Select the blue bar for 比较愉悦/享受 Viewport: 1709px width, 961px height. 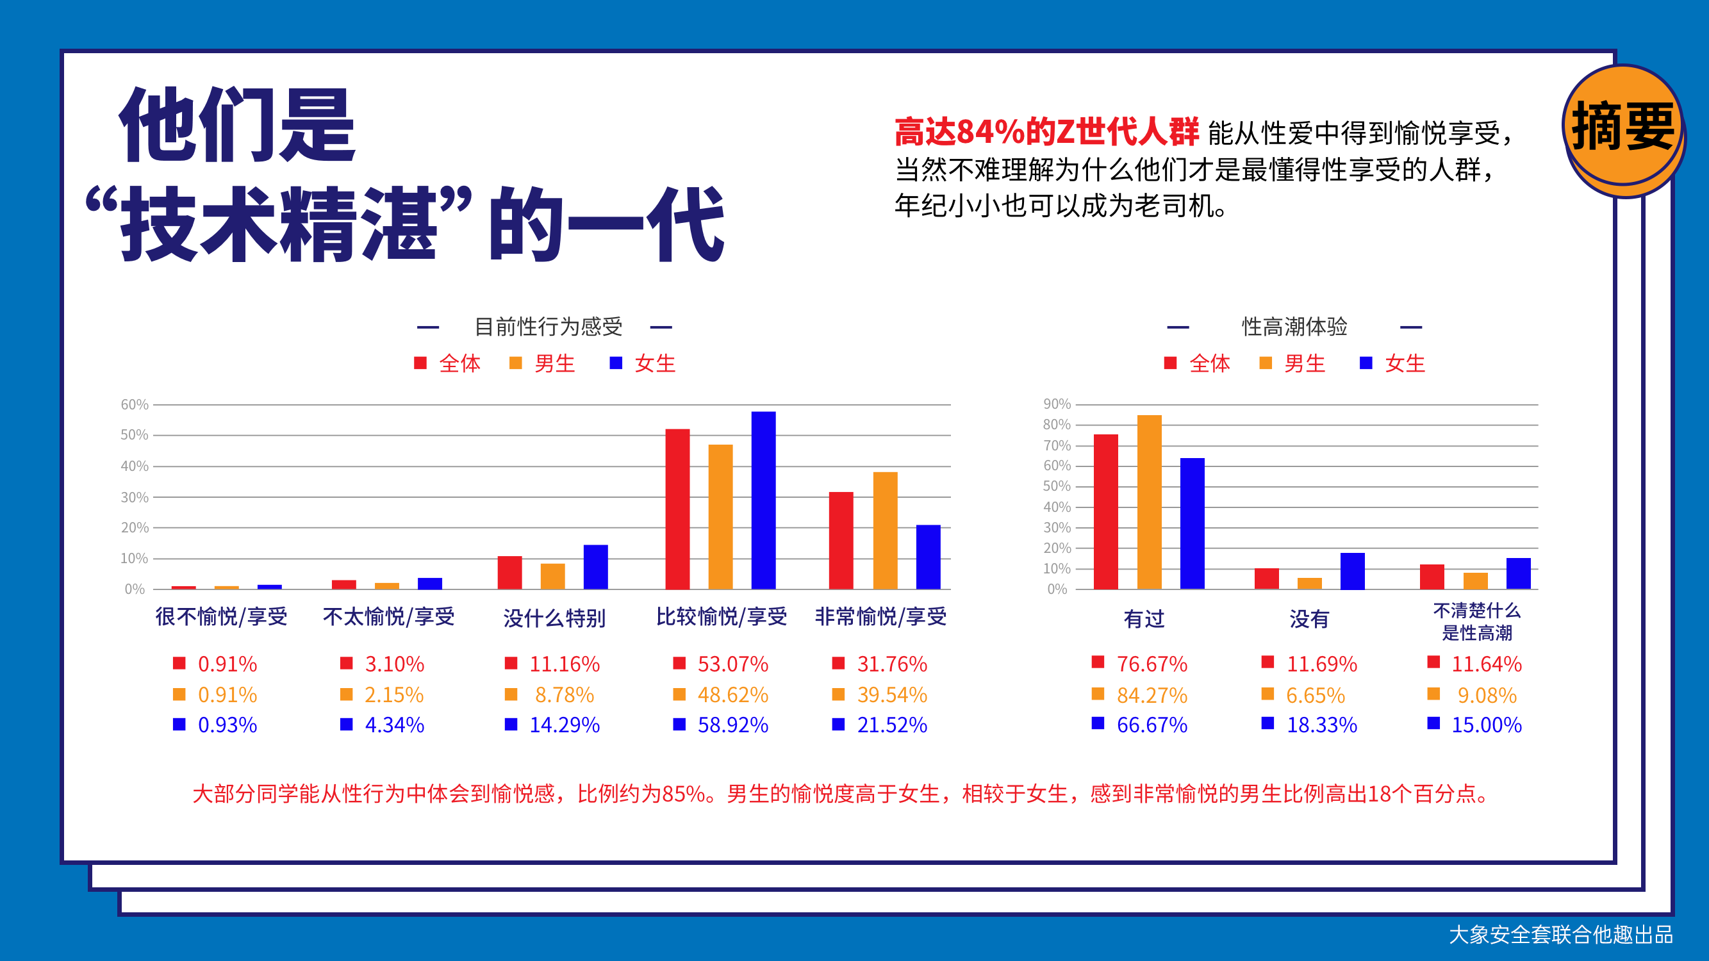coord(763,500)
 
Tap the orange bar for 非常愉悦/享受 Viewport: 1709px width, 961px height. coord(885,530)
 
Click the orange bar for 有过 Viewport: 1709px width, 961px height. coord(1149,502)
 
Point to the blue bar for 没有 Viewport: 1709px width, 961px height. coord(1352,570)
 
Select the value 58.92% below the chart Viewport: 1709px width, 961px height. coord(732,725)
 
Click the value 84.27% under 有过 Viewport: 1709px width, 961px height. coord(1152,695)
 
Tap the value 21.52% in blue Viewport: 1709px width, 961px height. coord(891,725)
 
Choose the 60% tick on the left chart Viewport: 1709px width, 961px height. coord(134,404)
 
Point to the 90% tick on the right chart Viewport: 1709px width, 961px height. coord(1056,404)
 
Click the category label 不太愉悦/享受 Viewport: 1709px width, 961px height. coord(389,617)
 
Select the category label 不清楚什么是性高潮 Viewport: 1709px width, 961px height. coord(1476,621)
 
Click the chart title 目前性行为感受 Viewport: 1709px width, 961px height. coord(548,326)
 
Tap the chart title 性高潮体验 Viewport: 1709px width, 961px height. coord(1294,326)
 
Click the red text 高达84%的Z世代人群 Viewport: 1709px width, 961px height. coord(1046,132)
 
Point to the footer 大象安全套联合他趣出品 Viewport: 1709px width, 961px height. coord(1560,935)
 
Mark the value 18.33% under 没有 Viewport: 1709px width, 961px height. coord(1321,725)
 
